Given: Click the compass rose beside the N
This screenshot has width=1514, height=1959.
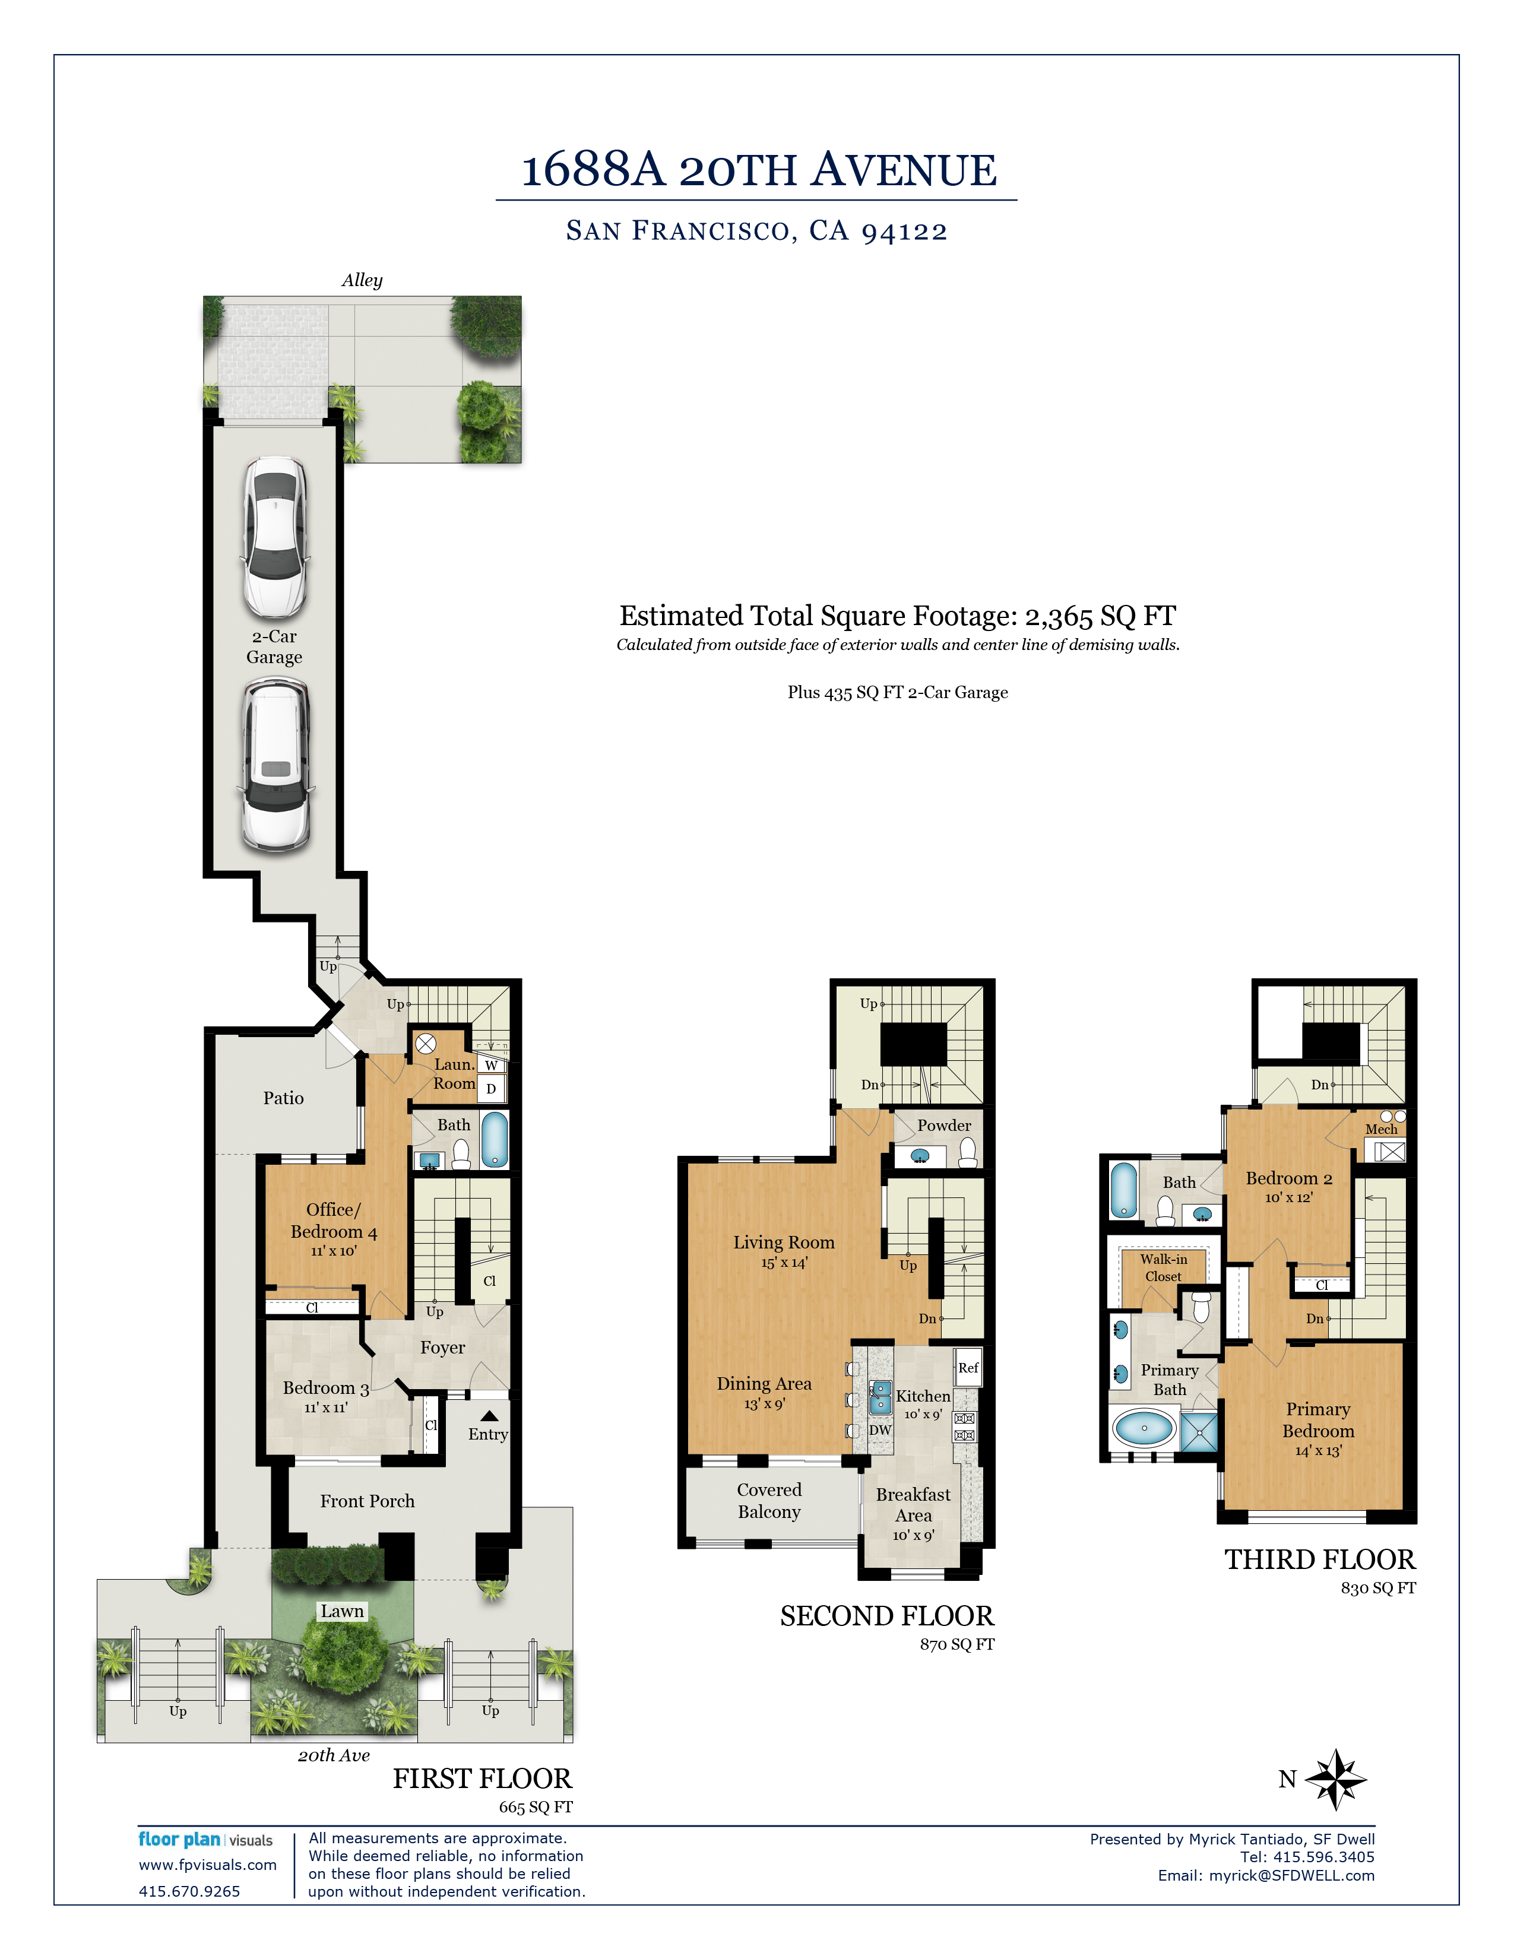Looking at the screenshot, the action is (1335, 1779).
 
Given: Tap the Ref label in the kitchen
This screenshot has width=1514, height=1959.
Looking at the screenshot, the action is (968, 1368).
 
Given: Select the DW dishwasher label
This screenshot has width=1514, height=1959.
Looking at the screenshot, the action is (880, 1430).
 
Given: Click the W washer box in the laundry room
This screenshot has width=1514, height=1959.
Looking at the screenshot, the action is (490, 1066).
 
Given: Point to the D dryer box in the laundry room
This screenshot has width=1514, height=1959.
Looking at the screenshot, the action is (490, 1089).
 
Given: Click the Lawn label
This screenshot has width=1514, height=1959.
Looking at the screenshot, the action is (343, 1611).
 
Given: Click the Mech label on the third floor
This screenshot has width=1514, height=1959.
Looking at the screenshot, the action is (1381, 1129).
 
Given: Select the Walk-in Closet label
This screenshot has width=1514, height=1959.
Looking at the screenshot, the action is (1163, 1267).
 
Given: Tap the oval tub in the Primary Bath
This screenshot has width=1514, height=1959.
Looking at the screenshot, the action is (1144, 1427).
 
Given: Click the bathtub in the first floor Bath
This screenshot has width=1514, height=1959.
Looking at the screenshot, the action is (494, 1139).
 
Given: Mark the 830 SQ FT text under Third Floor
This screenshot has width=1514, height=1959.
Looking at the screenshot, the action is (1379, 1587).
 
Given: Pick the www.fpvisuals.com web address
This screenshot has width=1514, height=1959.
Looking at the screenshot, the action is (207, 1865).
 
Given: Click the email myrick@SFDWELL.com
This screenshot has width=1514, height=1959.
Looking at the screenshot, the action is (1291, 1875).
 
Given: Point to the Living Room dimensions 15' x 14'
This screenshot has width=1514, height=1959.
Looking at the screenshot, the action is (784, 1262).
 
